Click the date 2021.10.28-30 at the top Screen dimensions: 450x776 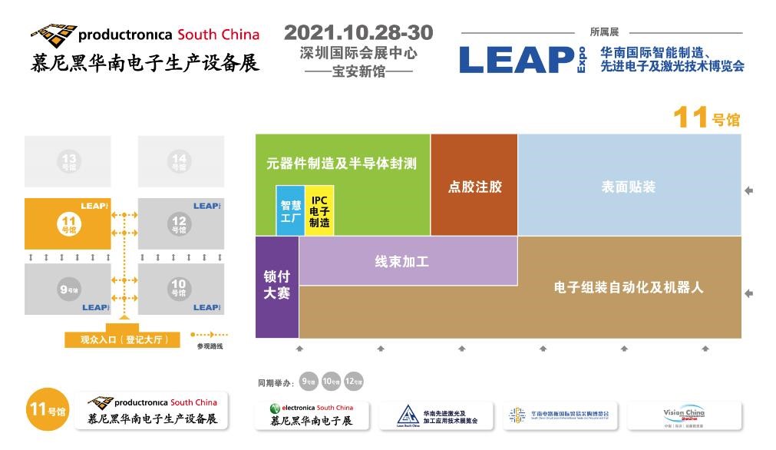(x=358, y=33)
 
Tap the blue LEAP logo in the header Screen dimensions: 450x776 (x=517, y=60)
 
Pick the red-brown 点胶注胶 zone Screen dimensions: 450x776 (x=474, y=187)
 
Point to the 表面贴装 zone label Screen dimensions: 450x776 (x=629, y=187)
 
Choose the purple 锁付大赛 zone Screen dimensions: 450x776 (x=276, y=285)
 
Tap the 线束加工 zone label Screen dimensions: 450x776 (x=401, y=262)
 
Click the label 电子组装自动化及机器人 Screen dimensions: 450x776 (x=629, y=288)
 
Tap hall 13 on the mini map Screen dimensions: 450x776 (x=69, y=162)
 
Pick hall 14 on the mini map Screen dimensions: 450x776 (x=180, y=162)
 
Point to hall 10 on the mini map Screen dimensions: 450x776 (x=179, y=288)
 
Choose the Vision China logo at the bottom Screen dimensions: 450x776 (x=684, y=415)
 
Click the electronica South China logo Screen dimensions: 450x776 (x=312, y=415)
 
